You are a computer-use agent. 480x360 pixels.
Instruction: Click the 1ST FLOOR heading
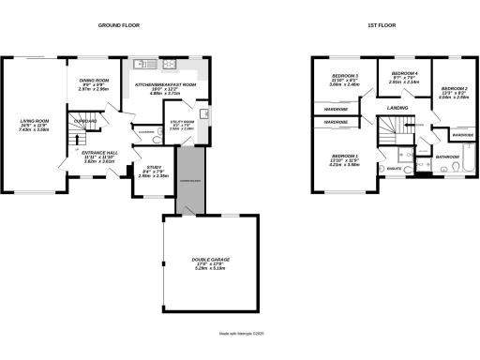pyautogui.click(x=381, y=25)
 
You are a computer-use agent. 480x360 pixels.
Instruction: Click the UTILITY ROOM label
pyautogui.click(x=183, y=124)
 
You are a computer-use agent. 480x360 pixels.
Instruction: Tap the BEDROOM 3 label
pyautogui.click(x=346, y=79)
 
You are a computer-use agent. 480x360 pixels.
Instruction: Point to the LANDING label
pyautogui.click(x=396, y=110)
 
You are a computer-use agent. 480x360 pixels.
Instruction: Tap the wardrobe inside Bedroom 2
pyautogui.click(x=461, y=135)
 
